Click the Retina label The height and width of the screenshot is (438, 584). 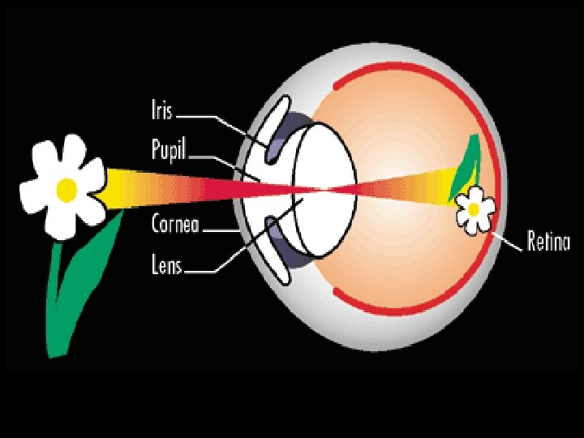pos(549,241)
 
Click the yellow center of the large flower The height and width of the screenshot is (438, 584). pos(67,189)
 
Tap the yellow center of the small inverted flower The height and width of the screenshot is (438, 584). pos(472,208)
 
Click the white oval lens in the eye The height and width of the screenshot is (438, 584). pos(324,187)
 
